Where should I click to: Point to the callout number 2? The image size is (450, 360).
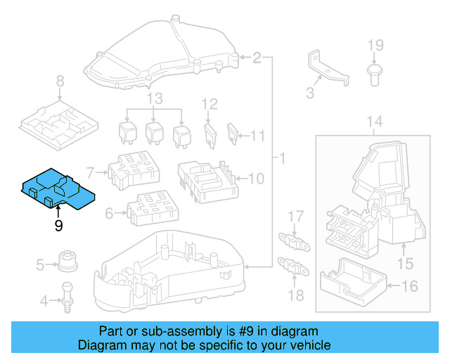[257, 58]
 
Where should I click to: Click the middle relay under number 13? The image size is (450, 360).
[155, 131]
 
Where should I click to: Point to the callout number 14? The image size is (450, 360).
[375, 122]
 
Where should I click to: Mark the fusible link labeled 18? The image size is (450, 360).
[296, 268]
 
